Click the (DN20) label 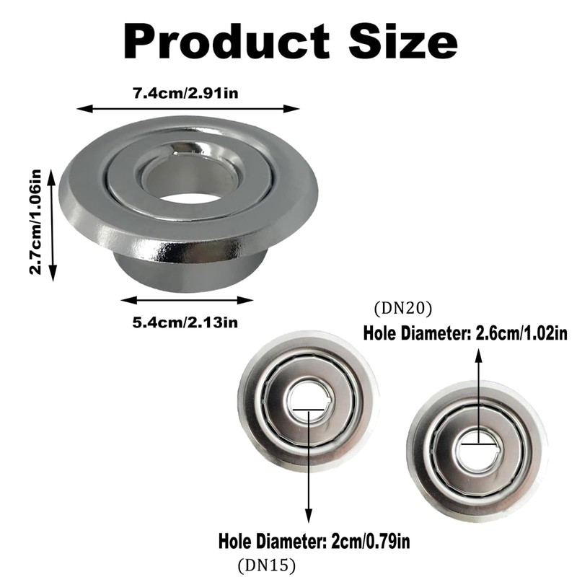[402, 309]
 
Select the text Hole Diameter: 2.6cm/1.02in [463, 335]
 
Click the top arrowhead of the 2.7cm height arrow [53, 164]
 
